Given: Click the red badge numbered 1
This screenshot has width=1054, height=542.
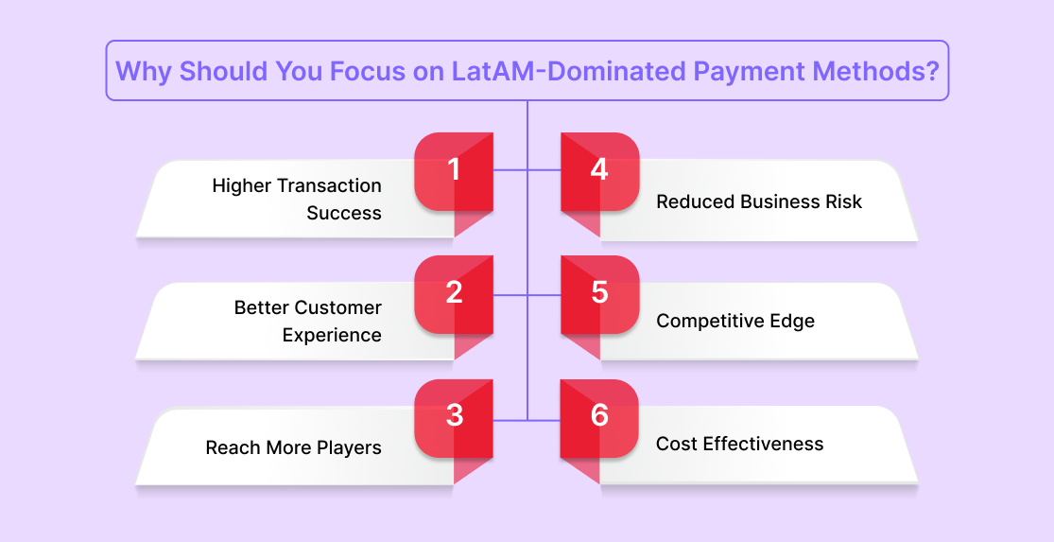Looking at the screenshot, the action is [454, 171].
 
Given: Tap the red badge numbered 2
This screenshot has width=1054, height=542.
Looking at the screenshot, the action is [454, 294].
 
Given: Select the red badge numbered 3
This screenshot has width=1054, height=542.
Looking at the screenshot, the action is [454, 418].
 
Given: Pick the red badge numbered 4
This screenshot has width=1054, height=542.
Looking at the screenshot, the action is [599, 171].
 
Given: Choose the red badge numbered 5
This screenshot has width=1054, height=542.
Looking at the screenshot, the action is [599, 294].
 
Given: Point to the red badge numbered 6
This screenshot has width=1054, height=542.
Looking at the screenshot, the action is [599, 418].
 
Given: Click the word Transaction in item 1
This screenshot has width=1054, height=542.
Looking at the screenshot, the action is [329, 185].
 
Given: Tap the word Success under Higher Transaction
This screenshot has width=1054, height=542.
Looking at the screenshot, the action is [344, 213].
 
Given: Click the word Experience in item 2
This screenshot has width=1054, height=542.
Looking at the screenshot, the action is [332, 335].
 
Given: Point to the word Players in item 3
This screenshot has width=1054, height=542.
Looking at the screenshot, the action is [350, 447].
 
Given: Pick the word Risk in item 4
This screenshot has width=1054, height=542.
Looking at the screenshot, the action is [846, 201].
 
